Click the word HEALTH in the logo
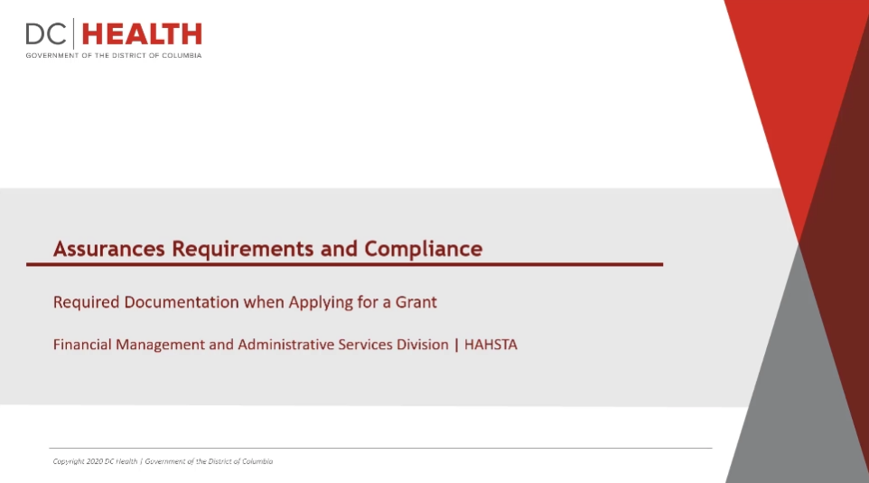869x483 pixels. point(142,34)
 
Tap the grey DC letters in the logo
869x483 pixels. point(46,34)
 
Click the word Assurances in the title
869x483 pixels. point(109,249)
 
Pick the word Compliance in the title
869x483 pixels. point(424,250)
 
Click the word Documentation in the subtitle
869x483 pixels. point(182,302)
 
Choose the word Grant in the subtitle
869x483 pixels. point(416,302)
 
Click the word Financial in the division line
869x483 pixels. point(82,345)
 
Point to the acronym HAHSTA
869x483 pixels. point(491,345)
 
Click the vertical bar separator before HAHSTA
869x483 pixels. point(456,346)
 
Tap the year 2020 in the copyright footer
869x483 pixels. point(95,461)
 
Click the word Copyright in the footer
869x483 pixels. point(69,462)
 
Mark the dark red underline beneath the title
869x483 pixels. point(345,264)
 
